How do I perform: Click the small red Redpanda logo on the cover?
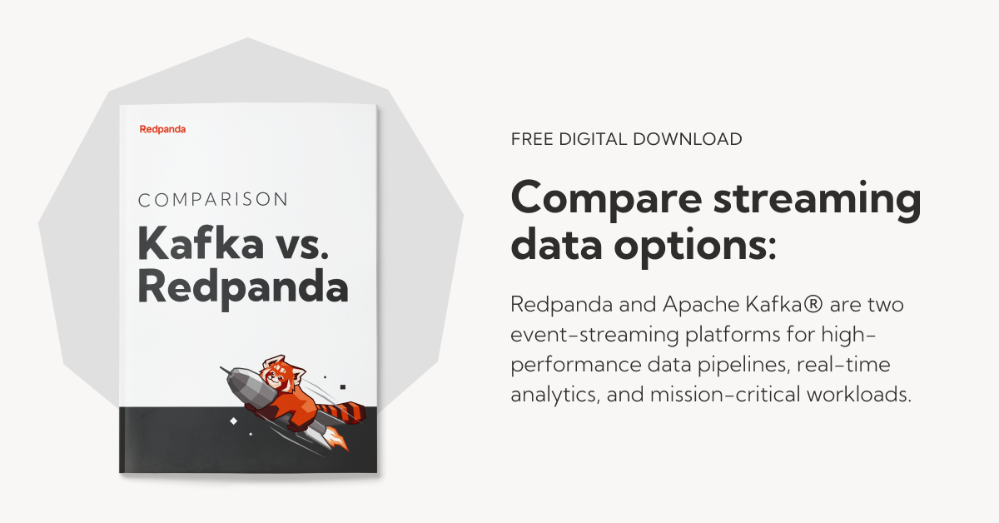point(163,129)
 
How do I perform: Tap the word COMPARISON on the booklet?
point(213,200)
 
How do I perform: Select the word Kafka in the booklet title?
point(201,243)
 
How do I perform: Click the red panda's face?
point(280,373)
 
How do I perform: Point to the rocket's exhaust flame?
point(336,439)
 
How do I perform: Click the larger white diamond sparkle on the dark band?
point(233,421)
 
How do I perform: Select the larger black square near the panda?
point(342,387)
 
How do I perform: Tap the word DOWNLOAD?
point(688,139)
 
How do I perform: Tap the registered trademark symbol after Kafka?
point(813,304)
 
